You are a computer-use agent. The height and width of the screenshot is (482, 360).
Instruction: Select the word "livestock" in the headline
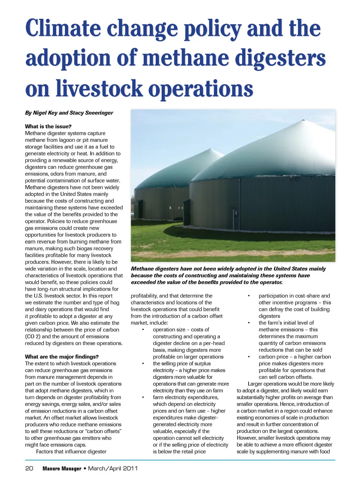coord(99,89)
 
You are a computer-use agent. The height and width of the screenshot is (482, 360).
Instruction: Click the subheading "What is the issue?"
coord(48,126)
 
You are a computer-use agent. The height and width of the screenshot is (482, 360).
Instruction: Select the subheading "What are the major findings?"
coord(62,357)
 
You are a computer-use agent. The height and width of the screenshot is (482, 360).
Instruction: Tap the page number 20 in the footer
coord(29,468)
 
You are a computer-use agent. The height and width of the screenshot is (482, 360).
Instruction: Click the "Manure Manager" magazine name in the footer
coord(62,468)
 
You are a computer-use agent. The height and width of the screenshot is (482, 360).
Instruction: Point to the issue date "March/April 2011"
coord(113,468)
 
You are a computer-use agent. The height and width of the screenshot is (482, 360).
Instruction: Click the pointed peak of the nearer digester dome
coord(303,121)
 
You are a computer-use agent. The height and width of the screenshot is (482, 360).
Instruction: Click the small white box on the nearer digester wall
coord(236,213)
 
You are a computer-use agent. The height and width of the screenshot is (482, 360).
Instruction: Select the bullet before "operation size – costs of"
coord(143,330)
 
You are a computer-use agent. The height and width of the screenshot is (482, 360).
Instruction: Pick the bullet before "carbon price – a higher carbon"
coord(249,357)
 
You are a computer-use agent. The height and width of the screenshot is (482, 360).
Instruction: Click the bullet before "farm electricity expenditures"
coord(143,397)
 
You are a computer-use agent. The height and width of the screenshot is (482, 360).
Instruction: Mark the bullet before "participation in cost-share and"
coord(249,296)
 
